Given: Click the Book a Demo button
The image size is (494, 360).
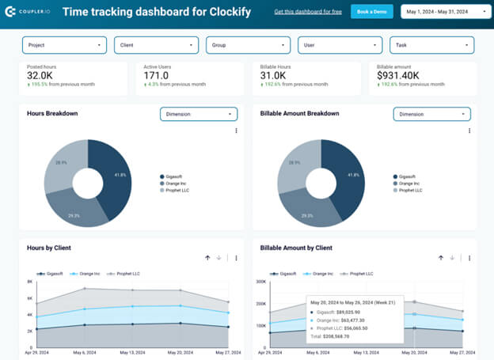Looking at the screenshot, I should (371, 12).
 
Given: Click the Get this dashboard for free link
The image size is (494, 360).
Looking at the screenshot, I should (308, 12).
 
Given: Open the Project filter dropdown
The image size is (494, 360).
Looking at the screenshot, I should (65, 46).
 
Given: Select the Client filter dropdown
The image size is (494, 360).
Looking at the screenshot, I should (157, 46).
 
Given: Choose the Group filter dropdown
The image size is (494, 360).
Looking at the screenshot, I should (249, 46).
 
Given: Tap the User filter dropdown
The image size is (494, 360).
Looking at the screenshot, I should (340, 46).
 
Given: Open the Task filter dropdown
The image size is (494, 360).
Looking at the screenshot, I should (432, 46).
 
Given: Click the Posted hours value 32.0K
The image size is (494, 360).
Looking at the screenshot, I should (40, 77).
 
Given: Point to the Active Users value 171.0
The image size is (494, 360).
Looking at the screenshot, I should (157, 77).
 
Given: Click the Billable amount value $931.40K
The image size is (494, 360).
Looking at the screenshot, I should (405, 77).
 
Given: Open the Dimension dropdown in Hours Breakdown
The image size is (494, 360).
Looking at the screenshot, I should (198, 114).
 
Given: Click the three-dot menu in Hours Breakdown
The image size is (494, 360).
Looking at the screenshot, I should (236, 131).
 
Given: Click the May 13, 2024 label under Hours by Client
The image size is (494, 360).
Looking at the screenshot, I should (131, 352).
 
